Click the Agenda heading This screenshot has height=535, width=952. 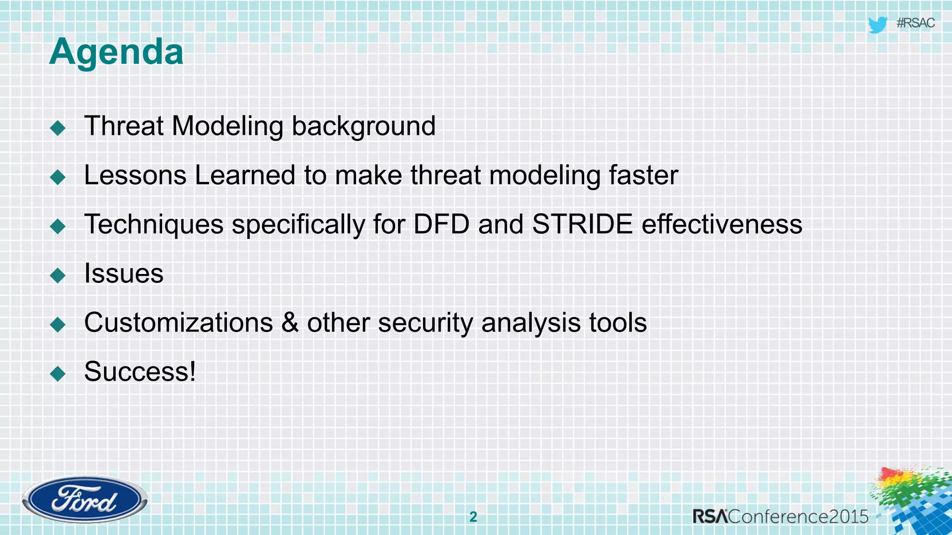(116, 52)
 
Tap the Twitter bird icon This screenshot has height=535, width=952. (877, 25)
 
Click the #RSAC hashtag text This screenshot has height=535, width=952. (915, 23)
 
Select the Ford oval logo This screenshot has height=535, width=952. (85, 500)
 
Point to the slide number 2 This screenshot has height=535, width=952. (473, 517)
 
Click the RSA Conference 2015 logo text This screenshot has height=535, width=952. (780, 516)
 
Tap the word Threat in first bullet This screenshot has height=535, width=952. (124, 126)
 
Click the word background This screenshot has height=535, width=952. (364, 127)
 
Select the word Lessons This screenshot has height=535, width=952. (135, 176)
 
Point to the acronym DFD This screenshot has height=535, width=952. (441, 224)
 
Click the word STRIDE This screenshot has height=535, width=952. (582, 224)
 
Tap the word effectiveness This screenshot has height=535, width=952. (722, 224)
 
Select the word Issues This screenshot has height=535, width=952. (124, 274)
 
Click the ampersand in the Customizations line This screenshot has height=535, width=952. (290, 323)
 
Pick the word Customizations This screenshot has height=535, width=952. (178, 323)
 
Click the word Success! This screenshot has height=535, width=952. (140, 372)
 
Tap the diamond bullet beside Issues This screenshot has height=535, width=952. (58, 275)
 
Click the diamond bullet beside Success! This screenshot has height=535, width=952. (58, 373)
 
